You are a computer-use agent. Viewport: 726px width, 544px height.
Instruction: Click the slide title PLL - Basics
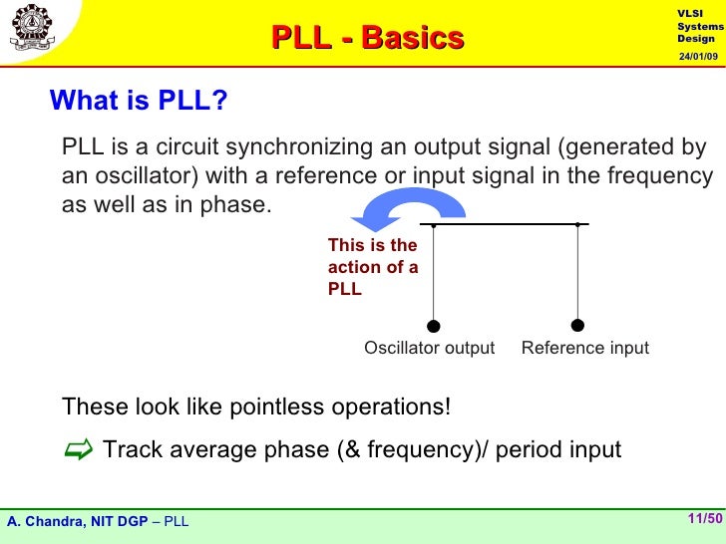(368, 38)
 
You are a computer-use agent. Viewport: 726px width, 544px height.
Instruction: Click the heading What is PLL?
(139, 101)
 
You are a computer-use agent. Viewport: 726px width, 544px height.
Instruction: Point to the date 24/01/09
(698, 56)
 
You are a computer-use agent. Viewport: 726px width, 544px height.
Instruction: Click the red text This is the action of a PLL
(372, 267)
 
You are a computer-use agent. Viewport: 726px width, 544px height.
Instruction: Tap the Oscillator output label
(429, 348)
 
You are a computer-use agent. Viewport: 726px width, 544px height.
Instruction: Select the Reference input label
(584, 348)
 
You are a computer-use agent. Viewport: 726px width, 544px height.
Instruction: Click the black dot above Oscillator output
(433, 325)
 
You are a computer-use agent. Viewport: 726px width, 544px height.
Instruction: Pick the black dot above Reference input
(577, 325)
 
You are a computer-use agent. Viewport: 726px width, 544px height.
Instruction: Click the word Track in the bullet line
(133, 450)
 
